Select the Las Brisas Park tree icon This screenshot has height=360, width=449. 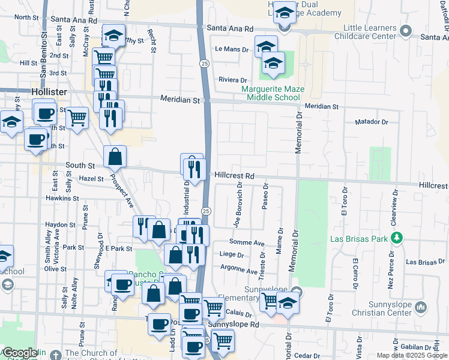396,238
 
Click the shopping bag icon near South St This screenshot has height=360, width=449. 115,157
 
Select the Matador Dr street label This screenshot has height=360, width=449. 372,122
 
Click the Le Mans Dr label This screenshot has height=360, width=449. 231,49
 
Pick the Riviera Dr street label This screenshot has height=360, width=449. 233,80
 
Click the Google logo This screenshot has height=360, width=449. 20,353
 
